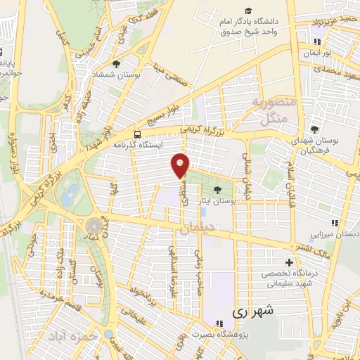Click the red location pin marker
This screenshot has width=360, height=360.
[x=181, y=165]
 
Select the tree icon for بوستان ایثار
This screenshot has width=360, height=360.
[x=217, y=190]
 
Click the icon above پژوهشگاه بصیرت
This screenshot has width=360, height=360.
[x=220, y=323]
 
